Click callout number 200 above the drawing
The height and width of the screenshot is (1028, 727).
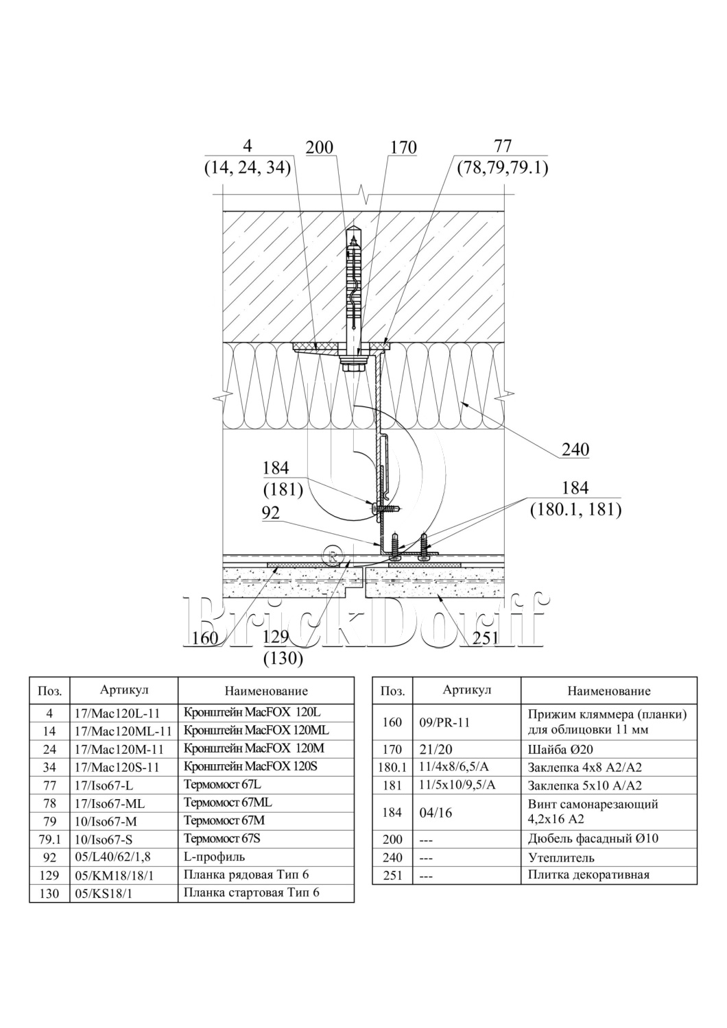pos(319,147)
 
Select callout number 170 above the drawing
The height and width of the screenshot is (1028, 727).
pos(403,147)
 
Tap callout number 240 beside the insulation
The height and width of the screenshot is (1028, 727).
pos(575,450)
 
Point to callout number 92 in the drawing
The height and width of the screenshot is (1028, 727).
pos(271,513)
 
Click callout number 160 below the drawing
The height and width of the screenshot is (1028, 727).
pos(205,638)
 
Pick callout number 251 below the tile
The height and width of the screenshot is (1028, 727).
pos(484,638)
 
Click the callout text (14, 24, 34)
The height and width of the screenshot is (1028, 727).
pos(248,167)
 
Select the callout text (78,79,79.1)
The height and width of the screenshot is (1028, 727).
pos(503,167)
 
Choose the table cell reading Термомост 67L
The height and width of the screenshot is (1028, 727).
pos(222,784)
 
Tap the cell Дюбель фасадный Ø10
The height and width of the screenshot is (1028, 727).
pos(593,838)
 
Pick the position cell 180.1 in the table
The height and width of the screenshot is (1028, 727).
pos(392,768)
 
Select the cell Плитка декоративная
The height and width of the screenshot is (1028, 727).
pos(588,874)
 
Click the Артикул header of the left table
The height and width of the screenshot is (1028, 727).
pos(124,690)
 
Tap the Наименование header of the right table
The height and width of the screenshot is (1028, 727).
pos(609,691)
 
